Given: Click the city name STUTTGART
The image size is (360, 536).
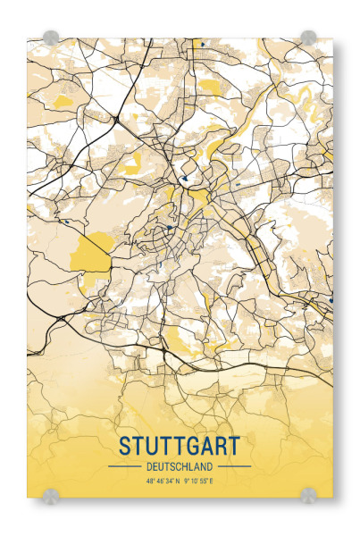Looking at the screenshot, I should click(179, 445).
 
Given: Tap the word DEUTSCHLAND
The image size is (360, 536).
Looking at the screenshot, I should click(179, 466).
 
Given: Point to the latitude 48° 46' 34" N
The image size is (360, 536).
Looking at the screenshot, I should click(156, 482).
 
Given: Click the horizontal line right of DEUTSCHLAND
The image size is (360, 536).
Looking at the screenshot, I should click(234, 466).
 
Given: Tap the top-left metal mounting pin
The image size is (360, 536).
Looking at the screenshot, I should click(51, 38).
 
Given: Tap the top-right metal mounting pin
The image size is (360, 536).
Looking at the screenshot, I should click(308, 38).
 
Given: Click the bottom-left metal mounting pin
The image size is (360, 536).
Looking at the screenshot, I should click(51, 494).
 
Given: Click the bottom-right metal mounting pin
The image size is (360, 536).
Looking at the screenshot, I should click(308, 494).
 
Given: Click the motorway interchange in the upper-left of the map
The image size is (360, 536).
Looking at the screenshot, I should click(116, 118).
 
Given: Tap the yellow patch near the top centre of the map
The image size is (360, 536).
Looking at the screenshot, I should click(207, 87).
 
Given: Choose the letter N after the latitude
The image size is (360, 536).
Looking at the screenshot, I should click(178, 482).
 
